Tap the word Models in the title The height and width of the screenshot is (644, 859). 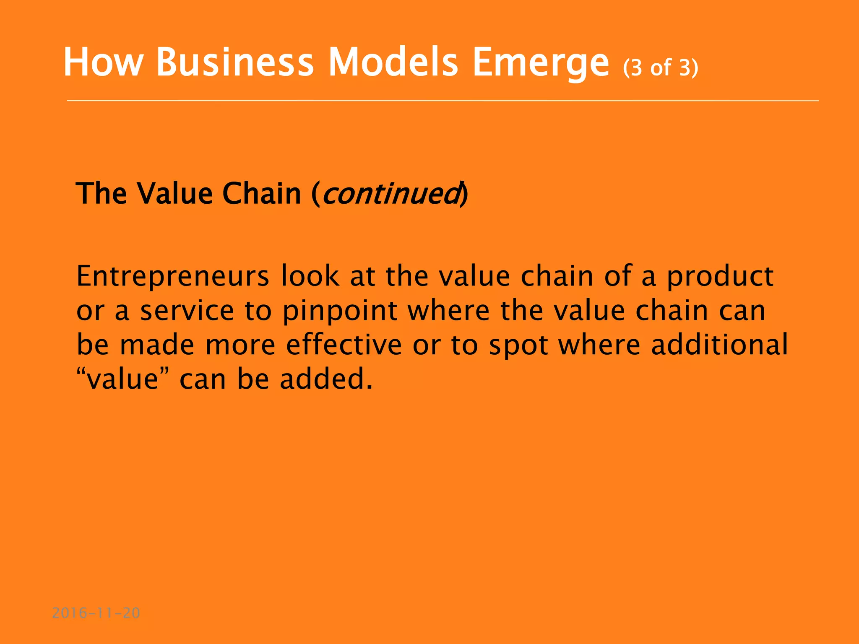[x=393, y=62]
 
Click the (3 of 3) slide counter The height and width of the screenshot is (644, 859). [x=661, y=67]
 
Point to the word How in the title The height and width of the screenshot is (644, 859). [x=103, y=62]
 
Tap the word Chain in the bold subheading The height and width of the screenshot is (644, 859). [x=261, y=194]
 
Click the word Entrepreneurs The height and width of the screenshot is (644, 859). [x=172, y=277]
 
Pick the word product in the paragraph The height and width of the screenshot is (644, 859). [x=720, y=277]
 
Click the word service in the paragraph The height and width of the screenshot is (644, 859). [x=187, y=311]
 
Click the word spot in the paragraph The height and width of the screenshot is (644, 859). [x=518, y=345]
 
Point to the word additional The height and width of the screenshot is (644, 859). [x=719, y=345]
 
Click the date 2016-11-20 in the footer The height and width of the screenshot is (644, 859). [x=96, y=613]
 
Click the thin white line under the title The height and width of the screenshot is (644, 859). [x=443, y=101]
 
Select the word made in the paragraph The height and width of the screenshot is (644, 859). [x=157, y=345]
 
